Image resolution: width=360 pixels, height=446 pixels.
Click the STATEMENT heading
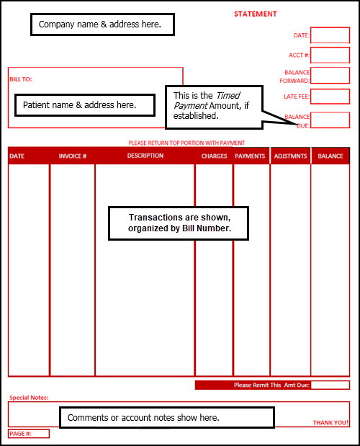pos(255,14)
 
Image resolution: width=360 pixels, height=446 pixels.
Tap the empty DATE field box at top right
pos(330,35)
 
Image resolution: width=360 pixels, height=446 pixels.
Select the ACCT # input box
pos(330,55)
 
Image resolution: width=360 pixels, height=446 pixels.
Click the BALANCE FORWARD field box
pos(330,76)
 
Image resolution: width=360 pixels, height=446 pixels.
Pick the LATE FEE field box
pos(330,97)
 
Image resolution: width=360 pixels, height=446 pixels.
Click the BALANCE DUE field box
pos(330,120)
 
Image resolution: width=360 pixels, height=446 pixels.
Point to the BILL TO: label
pos(21,79)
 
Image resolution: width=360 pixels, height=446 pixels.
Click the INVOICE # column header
pos(73,156)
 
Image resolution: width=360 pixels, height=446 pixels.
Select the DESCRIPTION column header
pos(145,156)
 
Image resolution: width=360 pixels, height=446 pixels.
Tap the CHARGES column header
pos(214,156)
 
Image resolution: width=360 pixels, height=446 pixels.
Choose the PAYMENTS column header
pos(250,156)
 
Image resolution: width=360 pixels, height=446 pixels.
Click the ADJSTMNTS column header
pos(290,156)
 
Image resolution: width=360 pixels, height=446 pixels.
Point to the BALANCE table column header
pos(330,156)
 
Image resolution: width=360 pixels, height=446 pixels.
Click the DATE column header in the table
pos(17,156)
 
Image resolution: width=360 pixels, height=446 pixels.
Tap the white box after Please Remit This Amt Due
pos(330,385)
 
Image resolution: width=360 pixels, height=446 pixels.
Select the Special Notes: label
pos(29,397)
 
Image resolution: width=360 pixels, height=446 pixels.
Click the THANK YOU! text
pos(330,422)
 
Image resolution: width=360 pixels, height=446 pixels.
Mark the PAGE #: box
pos(29,434)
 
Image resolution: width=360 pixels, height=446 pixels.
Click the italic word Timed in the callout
pos(228,95)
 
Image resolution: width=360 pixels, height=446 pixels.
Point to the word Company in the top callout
pos(57,24)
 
